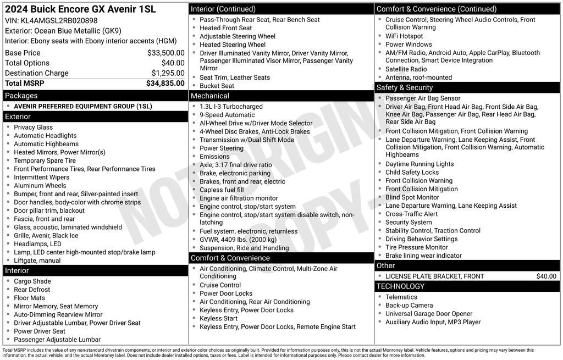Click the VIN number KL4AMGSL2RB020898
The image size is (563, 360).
point(59,20)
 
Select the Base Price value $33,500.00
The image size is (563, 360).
point(165,53)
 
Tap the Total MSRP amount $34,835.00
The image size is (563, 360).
point(165,83)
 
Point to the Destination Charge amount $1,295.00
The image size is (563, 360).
point(168,73)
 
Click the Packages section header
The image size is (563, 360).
point(21,96)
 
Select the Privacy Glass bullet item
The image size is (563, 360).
point(33,127)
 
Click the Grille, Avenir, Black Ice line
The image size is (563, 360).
point(46,235)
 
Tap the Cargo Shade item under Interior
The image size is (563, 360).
point(32,281)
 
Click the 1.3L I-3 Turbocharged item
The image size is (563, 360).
point(231,107)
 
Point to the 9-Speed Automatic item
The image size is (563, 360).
point(227,115)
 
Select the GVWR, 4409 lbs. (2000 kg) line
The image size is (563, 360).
point(238,240)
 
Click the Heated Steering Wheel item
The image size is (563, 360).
point(232,45)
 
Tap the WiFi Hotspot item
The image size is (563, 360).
point(404,36)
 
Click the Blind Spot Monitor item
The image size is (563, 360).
point(412,197)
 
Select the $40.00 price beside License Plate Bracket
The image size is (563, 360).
point(546,276)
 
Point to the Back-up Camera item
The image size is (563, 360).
point(409,305)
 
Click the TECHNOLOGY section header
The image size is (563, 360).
point(400,286)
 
